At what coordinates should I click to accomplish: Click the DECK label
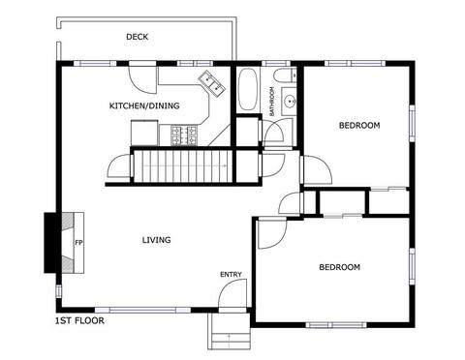138,37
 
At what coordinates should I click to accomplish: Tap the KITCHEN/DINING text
144,105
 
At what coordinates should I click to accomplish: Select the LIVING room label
157,240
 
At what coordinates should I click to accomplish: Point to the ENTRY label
231,275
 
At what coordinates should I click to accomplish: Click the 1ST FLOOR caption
80,320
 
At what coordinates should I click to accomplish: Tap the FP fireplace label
79,243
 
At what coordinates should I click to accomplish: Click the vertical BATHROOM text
272,102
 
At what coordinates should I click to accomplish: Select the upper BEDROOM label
359,125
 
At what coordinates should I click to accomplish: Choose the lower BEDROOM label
340,267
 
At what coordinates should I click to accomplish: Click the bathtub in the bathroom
248,89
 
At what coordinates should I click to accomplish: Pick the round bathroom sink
290,102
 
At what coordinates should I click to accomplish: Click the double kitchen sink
212,83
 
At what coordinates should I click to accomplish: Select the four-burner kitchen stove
184,135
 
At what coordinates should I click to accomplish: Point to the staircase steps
183,166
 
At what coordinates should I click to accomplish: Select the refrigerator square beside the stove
144,133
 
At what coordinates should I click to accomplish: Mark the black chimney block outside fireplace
50,243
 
